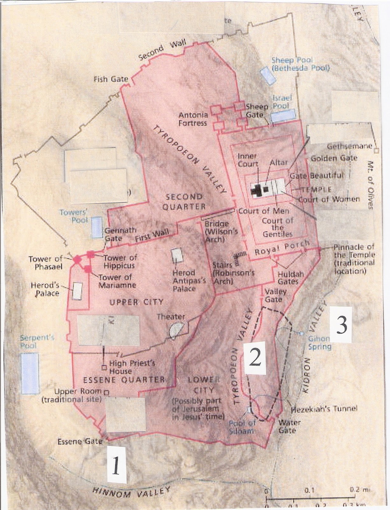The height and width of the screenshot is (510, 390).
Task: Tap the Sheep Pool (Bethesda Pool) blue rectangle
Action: point(268,76)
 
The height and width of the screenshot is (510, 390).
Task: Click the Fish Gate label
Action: point(110,79)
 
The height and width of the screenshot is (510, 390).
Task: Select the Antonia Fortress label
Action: point(193,119)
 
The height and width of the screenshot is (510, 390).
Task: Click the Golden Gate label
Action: point(334,158)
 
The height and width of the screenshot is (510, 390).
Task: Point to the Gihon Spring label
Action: point(319,343)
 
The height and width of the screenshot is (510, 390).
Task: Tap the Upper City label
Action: point(137,302)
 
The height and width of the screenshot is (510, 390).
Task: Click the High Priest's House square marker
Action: point(104,368)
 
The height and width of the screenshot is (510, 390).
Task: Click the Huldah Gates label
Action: point(288,278)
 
